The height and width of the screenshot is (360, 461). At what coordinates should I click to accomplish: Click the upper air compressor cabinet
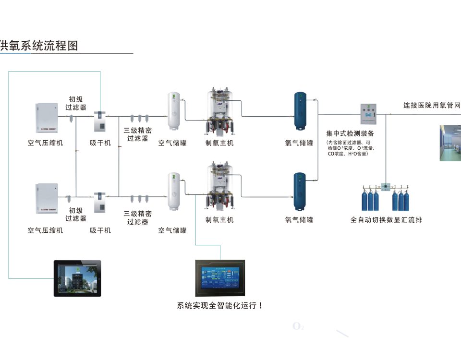click(47, 118)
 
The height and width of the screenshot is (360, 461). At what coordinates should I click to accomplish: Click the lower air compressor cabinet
click(47, 198)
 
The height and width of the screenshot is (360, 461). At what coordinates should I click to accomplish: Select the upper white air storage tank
click(173, 112)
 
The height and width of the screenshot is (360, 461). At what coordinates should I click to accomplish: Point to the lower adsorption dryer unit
click(100, 202)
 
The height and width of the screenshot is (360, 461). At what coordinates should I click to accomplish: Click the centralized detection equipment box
click(368, 115)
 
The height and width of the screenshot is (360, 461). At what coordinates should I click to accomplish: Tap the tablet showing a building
click(77, 278)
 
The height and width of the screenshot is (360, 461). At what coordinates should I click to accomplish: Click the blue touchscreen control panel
click(220, 278)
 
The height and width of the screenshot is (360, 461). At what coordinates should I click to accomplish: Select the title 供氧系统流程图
click(39, 46)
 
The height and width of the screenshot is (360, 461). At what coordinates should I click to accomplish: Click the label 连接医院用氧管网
click(432, 106)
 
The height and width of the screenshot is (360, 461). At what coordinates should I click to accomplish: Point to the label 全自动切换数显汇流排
click(387, 220)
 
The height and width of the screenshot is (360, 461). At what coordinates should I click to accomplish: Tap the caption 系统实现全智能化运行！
click(220, 305)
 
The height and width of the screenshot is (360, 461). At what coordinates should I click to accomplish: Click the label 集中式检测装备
click(350, 133)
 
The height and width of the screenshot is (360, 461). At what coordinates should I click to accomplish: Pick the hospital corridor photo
click(450, 143)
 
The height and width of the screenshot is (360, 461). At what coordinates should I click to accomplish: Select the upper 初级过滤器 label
click(76, 103)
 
